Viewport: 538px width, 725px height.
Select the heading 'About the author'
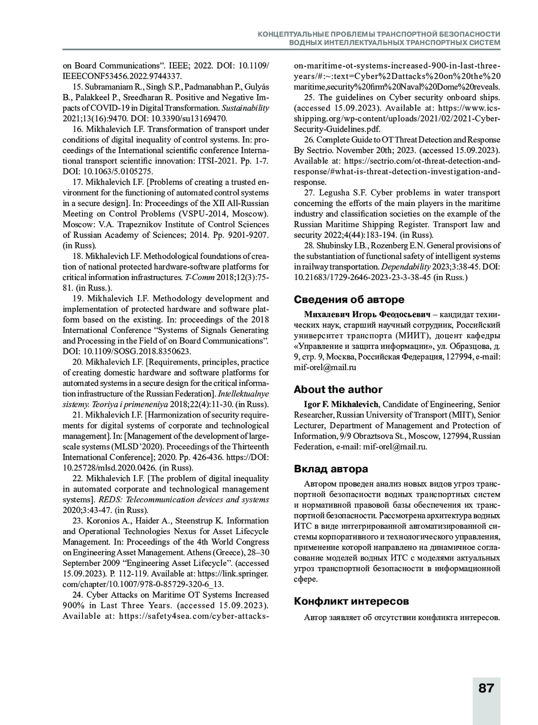pyautogui.click(x=338, y=389)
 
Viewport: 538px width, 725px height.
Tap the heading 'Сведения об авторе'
pyautogui.click(x=349, y=299)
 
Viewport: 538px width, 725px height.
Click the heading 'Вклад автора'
pyautogui.click(x=331, y=469)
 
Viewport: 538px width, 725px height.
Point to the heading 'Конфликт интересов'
pyautogui.click(x=351, y=601)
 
